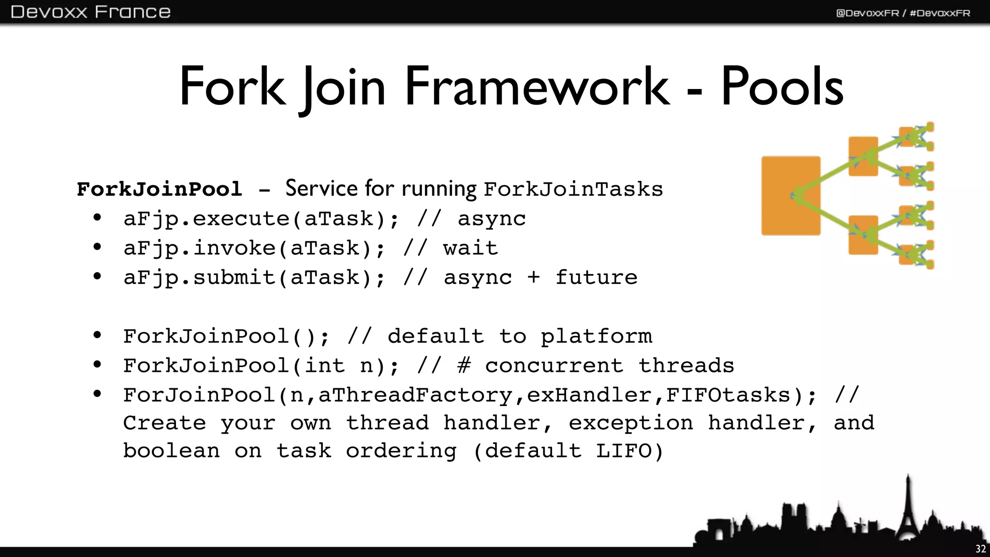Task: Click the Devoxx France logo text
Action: [90, 12]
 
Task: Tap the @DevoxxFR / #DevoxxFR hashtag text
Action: [903, 13]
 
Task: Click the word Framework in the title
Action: [537, 87]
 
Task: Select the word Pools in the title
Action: [782, 87]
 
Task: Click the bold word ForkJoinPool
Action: [160, 189]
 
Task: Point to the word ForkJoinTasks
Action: [573, 189]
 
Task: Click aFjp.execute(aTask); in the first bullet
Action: [261, 219]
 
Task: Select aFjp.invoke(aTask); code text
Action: [254, 249]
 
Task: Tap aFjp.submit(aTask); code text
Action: [254, 278]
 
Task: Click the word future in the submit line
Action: [596, 278]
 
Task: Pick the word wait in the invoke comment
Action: [470, 249]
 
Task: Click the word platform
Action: [596, 337]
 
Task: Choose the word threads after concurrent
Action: [686, 366]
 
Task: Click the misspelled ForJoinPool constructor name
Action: [199, 396]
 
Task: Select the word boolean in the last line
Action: [172, 451]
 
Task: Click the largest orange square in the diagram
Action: [790, 195]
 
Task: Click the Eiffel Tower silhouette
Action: [908, 513]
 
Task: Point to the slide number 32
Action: [980, 549]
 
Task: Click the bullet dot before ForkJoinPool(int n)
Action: [98, 364]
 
